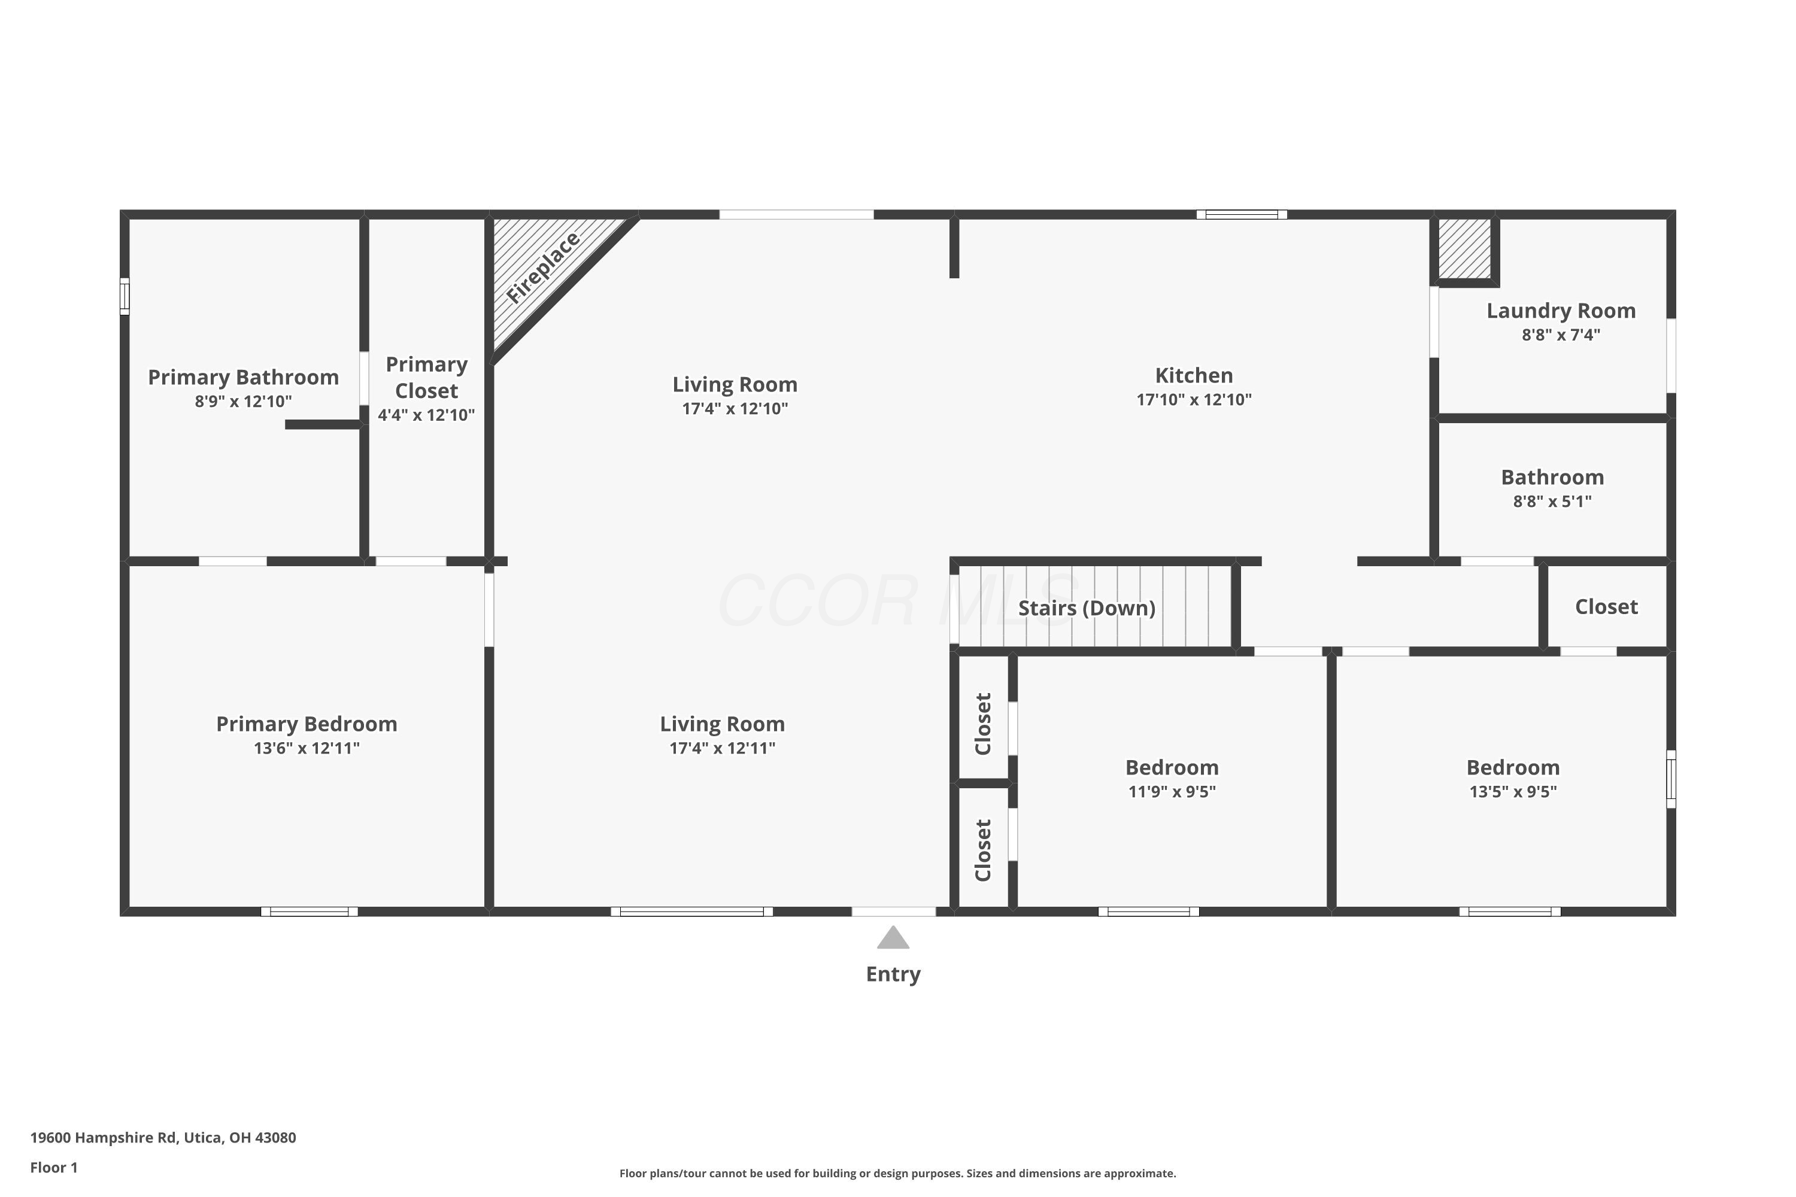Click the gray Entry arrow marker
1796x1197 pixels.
click(x=893, y=938)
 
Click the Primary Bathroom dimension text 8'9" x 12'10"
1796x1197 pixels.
click(x=243, y=402)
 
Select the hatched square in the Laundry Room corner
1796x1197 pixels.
click(x=1464, y=249)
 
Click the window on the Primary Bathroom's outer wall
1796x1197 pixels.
click(x=125, y=296)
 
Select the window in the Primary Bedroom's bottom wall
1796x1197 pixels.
click(x=310, y=912)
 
